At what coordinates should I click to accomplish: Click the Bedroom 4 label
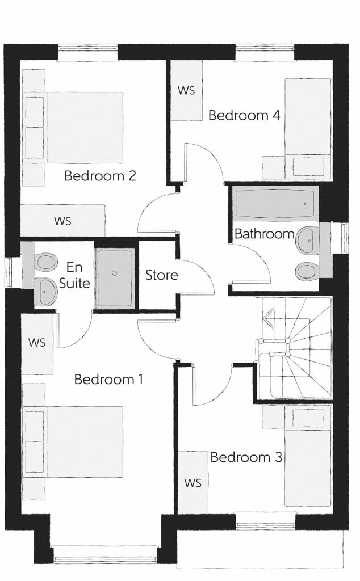[244, 115]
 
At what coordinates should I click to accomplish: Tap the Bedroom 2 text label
[100, 176]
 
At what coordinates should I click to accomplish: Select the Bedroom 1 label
[108, 380]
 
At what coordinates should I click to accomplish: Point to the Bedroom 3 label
[246, 457]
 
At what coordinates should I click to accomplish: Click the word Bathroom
[265, 234]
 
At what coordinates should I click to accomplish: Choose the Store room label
[161, 275]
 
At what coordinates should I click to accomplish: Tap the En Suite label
[74, 275]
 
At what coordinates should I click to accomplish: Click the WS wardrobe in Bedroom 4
[186, 90]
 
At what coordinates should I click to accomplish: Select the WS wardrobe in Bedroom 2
[62, 221]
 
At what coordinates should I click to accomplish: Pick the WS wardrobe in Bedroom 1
[37, 342]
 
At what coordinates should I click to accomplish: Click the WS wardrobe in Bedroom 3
[193, 482]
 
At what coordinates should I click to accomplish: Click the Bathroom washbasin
[308, 241]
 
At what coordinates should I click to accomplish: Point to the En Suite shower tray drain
[115, 273]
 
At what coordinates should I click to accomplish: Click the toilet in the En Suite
[45, 262]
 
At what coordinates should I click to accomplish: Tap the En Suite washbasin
[44, 292]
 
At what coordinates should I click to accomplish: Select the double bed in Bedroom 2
[73, 128]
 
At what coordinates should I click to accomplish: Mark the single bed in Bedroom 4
[308, 128]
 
